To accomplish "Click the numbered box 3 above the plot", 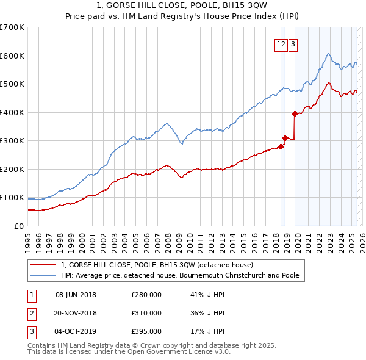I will point(293,44).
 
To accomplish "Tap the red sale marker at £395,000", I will point(295,113).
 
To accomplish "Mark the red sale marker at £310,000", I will point(285,138).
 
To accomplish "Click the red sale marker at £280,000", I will point(281,146).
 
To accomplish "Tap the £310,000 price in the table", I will point(146,313).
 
